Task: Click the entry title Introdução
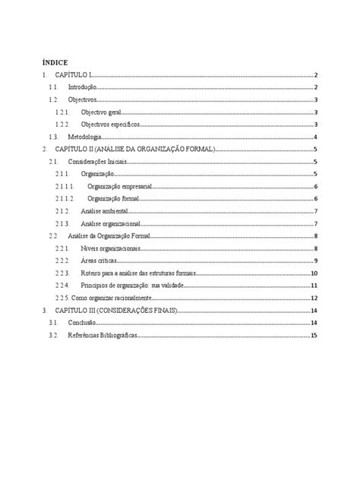tap(81, 87)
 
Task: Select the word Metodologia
tap(85, 137)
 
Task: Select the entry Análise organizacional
tap(110, 223)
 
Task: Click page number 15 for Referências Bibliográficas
tap(313, 335)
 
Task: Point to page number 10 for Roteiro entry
tap(313, 273)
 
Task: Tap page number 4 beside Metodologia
tap(315, 137)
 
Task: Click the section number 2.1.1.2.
tap(65, 198)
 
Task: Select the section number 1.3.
tap(52, 137)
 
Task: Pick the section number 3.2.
tap(52, 335)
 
